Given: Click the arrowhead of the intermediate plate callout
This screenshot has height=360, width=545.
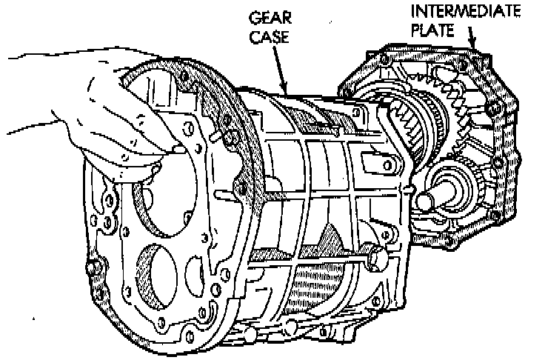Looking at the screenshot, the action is (x=475, y=47).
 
